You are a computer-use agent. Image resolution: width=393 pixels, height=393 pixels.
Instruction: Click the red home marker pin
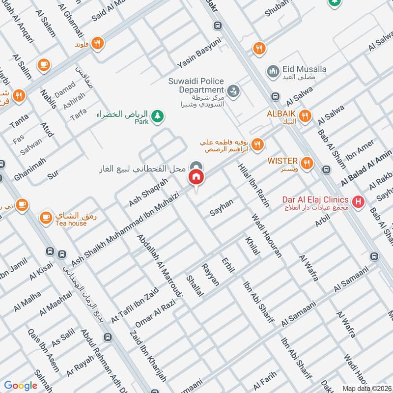196,177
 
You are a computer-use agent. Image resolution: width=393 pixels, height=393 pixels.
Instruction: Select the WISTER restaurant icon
307,163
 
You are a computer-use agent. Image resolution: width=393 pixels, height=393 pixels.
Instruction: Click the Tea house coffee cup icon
46,217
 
